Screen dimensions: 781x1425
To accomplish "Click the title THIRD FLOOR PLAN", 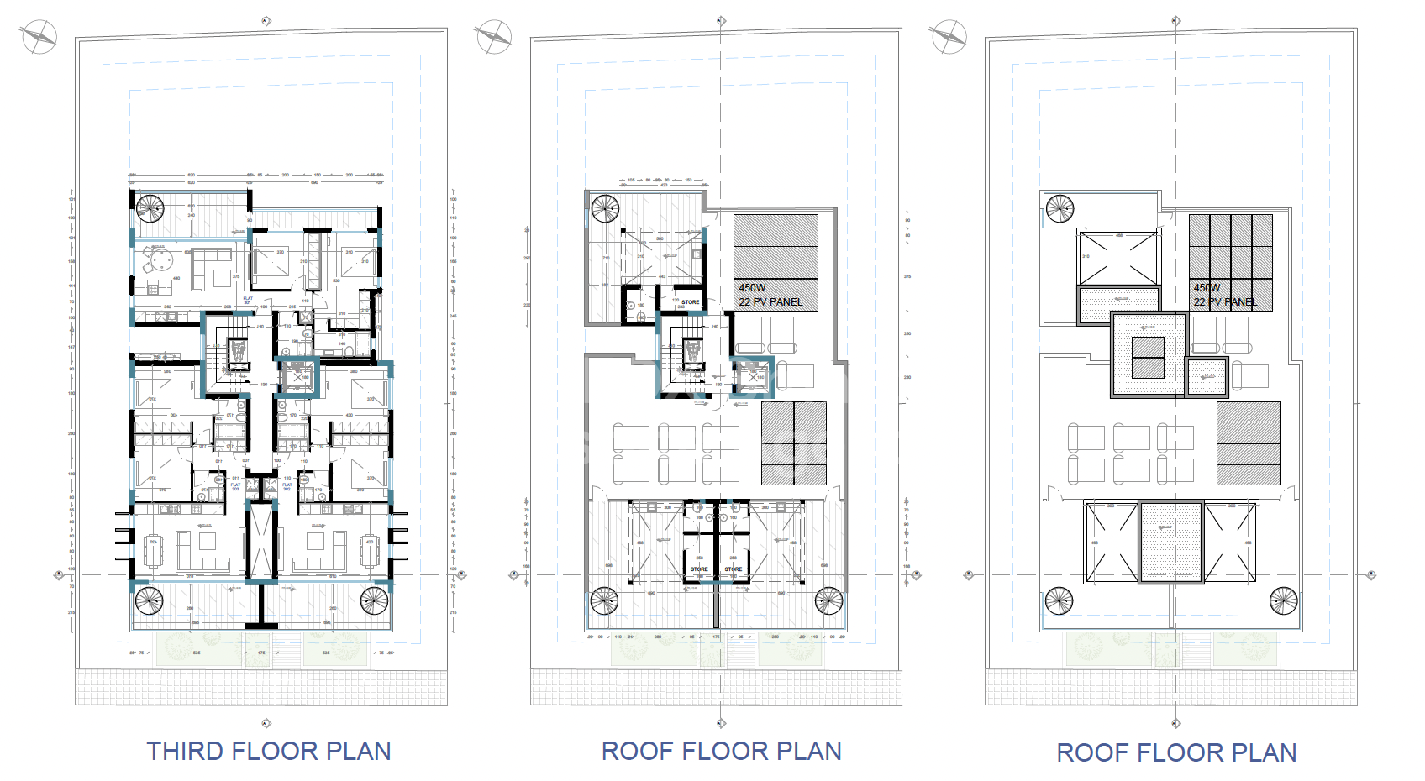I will point(269,751).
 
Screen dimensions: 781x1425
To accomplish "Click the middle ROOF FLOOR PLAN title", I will point(721,751).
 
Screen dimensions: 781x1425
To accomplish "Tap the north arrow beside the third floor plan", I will point(39,36).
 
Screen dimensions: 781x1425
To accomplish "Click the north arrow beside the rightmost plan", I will point(948,37).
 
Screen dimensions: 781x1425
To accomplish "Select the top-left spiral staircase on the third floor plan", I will point(150,207).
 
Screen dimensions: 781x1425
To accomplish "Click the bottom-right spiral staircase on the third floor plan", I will point(374,600).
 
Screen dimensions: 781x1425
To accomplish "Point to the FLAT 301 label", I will point(248,300).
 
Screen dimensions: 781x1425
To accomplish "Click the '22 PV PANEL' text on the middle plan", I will point(770,302).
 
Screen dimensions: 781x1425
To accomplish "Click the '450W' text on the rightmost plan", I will point(1207,287).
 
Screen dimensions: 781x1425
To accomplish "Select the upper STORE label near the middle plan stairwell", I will point(690,302).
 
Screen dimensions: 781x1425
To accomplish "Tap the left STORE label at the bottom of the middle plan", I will point(699,569).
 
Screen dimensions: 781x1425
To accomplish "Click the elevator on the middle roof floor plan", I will point(753,376).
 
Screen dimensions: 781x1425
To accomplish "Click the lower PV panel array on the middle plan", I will point(794,443).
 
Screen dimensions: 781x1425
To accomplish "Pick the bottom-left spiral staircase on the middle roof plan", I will point(604,600).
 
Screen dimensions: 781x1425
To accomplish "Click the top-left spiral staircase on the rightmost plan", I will point(1060,208).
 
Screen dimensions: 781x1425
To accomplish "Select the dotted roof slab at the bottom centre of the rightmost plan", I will point(1171,542).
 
